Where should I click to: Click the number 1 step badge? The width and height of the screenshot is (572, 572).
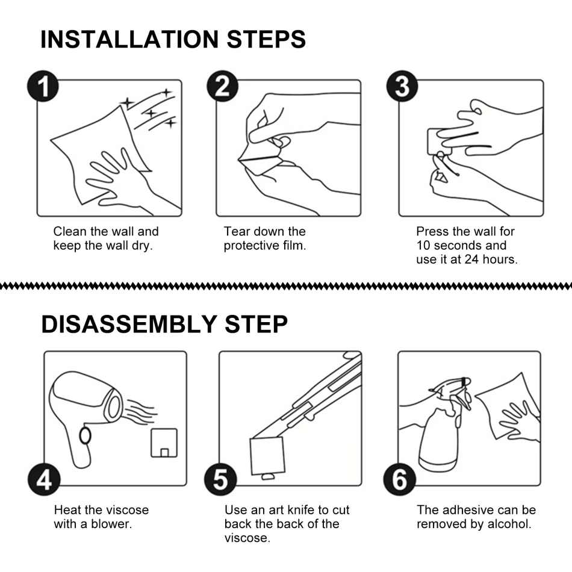[43, 86]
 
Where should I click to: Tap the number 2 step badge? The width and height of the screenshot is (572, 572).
[223, 86]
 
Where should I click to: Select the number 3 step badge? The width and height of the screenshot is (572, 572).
[402, 86]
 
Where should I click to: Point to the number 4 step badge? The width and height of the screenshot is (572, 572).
[44, 479]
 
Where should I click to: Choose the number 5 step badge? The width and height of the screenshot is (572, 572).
[220, 479]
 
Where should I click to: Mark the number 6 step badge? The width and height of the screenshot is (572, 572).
[399, 479]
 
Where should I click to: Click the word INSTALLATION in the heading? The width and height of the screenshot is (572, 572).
[129, 39]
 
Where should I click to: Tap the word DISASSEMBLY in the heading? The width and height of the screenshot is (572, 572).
[129, 324]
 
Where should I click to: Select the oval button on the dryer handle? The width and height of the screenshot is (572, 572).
[85, 435]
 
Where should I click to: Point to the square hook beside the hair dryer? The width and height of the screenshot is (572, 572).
[164, 443]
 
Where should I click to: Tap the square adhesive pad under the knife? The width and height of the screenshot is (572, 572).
[267, 456]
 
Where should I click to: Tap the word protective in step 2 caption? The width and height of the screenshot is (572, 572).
[252, 246]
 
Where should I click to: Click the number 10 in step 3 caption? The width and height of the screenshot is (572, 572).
[423, 246]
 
